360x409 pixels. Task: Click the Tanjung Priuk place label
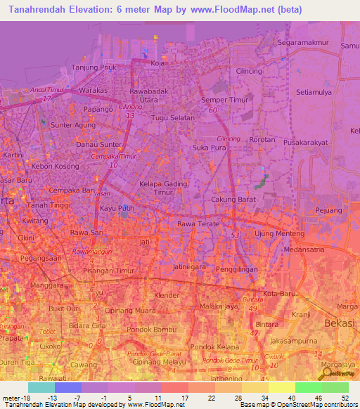point(94,68)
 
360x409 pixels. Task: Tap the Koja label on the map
point(157,63)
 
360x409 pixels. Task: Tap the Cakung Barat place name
point(232,200)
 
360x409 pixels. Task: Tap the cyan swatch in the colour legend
point(41,387)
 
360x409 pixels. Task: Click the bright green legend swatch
point(308,387)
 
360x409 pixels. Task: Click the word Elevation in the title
point(89,10)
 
